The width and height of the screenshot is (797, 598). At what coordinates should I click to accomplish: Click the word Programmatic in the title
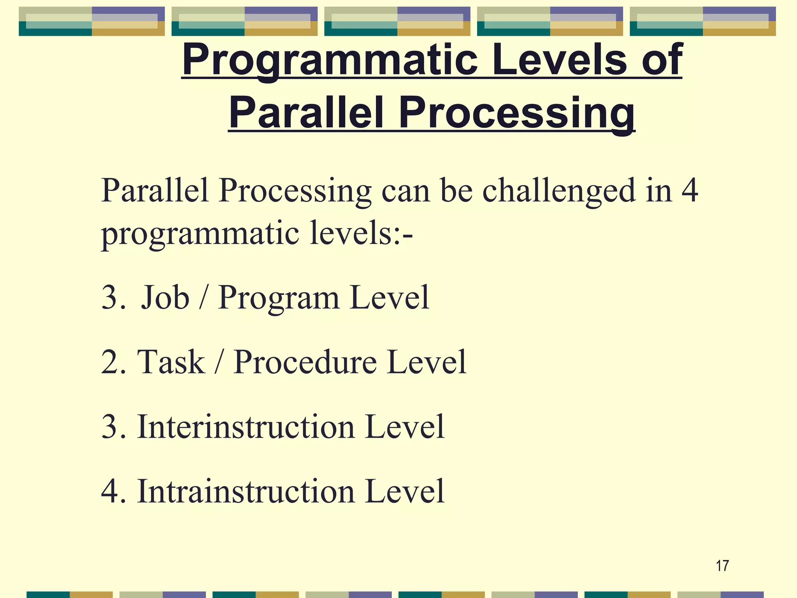pos(330,60)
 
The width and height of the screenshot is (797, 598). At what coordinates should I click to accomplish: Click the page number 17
pos(722,566)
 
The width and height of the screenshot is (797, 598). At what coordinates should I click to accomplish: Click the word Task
pos(171,362)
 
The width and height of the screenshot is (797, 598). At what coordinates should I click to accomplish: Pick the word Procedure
pos(305,362)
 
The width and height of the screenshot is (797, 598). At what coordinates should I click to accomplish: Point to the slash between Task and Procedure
pos(219,362)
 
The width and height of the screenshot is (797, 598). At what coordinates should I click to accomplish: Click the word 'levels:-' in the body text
pos(361,234)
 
